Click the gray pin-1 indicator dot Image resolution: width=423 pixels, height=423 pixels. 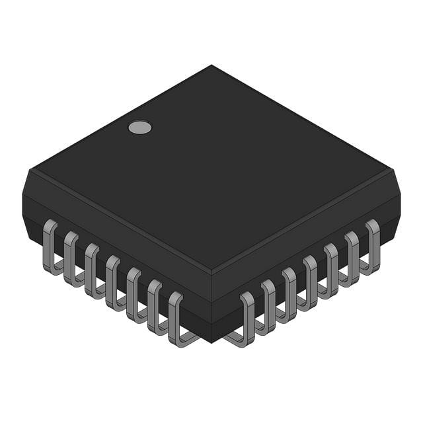(139, 128)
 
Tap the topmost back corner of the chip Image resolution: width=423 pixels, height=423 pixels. (211, 65)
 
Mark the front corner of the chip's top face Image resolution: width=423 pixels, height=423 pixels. (211, 271)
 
